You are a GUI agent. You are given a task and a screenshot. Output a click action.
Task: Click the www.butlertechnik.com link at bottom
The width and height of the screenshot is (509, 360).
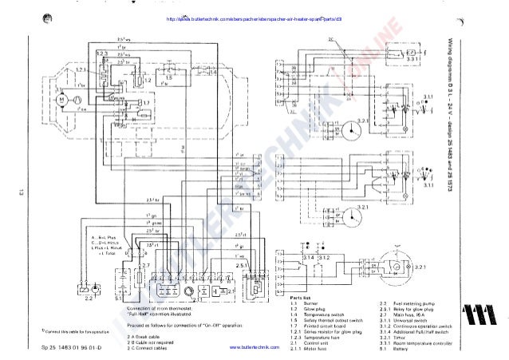point(252,350)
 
